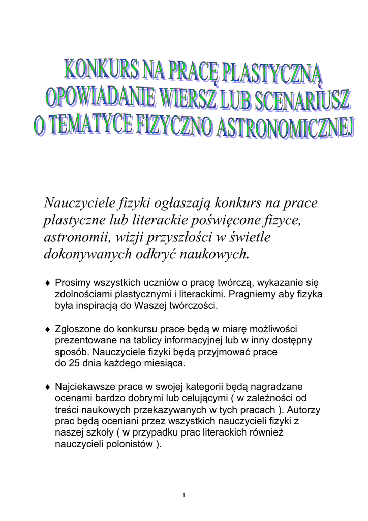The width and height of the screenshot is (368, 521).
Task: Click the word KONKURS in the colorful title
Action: (x=100, y=73)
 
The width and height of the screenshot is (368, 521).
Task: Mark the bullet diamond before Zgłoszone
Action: (x=47, y=330)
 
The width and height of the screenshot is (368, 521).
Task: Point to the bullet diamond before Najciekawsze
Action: (x=47, y=388)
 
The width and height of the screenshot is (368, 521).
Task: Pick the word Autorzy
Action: (x=304, y=410)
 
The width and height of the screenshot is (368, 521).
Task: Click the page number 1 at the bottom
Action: (x=184, y=495)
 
